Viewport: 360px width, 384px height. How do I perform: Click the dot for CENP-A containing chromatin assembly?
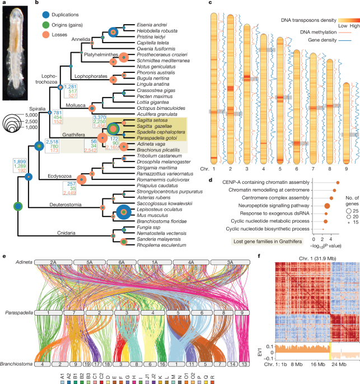coord(338,183)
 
